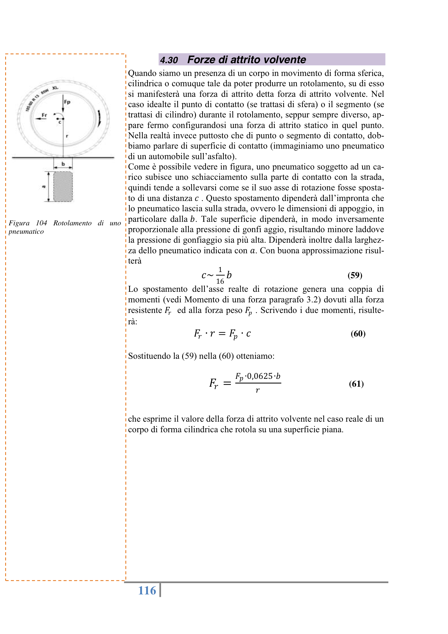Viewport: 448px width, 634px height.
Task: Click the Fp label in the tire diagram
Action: tap(67, 102)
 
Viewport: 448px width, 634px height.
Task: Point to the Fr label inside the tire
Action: tap(44, 115)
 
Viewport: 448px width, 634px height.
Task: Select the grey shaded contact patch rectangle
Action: tap(63, 186)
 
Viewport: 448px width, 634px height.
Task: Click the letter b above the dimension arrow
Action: tap(63, 164)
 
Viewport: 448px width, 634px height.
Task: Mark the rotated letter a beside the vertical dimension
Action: tap(44, 187)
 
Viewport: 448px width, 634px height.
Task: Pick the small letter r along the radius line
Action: tap(67, 136)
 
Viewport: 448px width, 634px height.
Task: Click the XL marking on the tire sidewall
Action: tap(55, 88)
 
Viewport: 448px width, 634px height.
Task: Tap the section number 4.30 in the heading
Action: tap(169, 60)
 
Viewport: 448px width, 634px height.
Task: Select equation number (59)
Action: tap(355, 275)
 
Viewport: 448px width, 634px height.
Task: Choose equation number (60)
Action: tap(358, 334)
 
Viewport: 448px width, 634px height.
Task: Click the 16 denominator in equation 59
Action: tap(220, 281)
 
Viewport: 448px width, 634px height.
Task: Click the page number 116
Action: tap(147, 591)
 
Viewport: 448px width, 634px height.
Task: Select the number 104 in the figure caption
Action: tap(41, 223)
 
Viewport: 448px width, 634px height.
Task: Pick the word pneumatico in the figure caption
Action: tap(26, 231)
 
